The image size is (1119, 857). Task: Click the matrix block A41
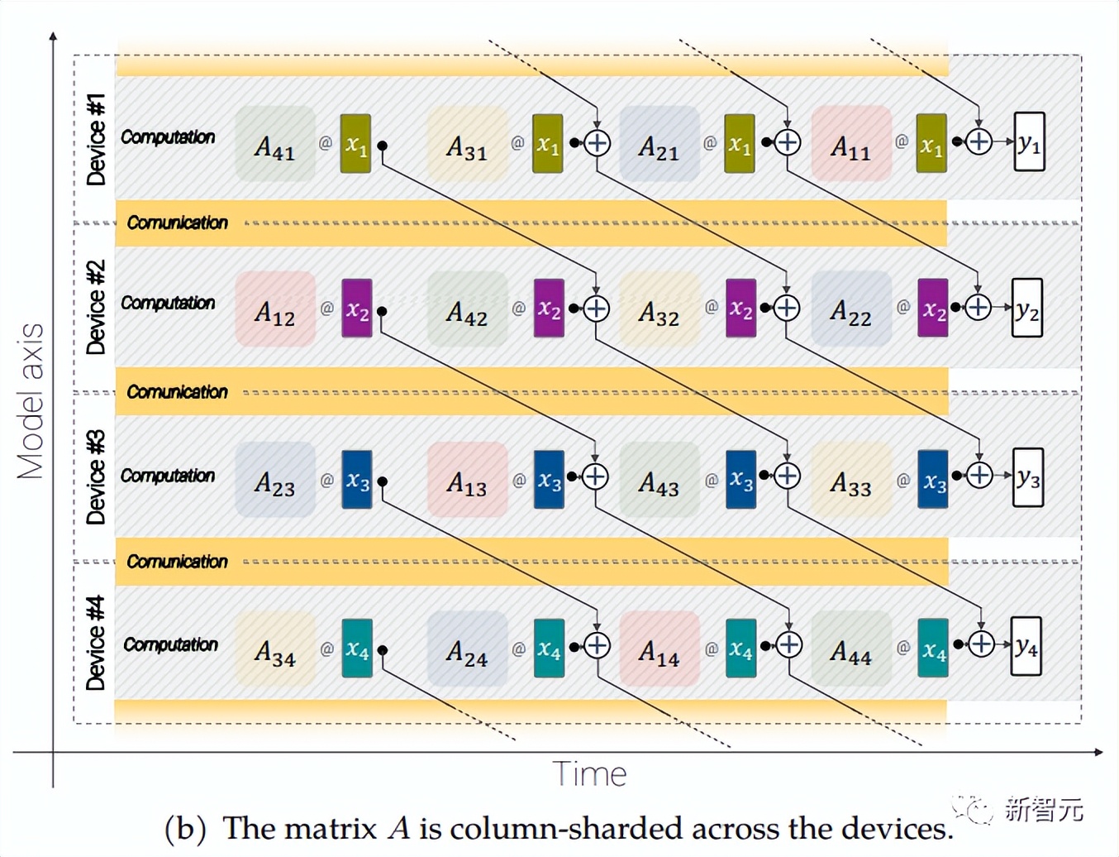pos(275,144)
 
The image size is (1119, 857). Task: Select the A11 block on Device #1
pos(851,144)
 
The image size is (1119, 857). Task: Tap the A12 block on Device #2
pos(275,309)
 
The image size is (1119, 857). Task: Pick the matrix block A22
pos(851,309)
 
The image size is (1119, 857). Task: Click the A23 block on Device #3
pos(275,480)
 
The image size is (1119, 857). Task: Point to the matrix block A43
pos(659,480)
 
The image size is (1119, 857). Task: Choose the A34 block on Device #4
pos(275,649)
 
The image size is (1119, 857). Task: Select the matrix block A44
pos(851,649)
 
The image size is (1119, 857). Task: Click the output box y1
pos(1029,142)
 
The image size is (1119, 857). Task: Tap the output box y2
pos(1027,309)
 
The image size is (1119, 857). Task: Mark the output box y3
pos(1028,477)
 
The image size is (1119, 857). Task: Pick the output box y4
pos(1026,645)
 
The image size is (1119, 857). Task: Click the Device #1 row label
pos(96,139)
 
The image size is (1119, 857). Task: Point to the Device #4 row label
pos(96,643)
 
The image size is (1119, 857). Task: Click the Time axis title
pos(589,774)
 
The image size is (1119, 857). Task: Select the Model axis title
pos(31,401)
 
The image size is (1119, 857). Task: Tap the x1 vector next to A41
pos(355,144)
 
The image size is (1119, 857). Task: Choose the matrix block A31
pos(467,144)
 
